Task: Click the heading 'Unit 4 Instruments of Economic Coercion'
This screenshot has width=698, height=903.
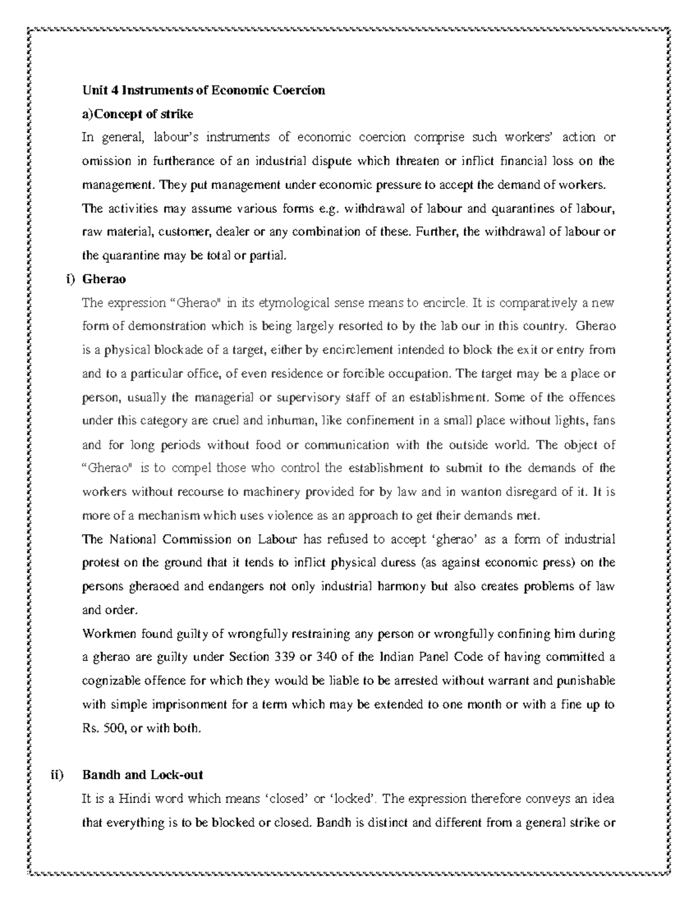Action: [x=204, y=90]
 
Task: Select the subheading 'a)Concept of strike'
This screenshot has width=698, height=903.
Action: [x=138, y=113]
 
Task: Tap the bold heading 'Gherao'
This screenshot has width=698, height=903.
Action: [x=104, y=279]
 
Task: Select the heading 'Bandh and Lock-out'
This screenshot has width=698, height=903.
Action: [x=143, y=775]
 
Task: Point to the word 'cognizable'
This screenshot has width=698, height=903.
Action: [x=109, y=681]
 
